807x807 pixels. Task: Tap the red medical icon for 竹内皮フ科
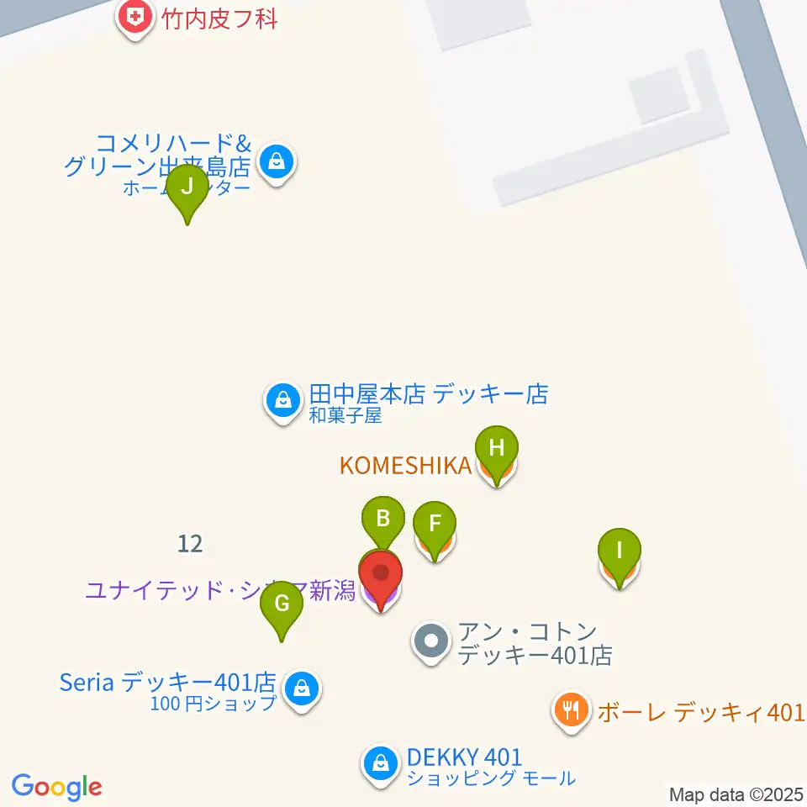coord(134,16)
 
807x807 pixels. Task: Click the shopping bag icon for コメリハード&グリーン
coord(276,160)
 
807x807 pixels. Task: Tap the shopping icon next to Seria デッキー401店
coord(300,690)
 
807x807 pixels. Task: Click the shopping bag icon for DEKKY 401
coord(381,764)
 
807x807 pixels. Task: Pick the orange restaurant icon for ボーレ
coord(572,711)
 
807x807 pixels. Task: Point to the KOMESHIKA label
coord(405,466)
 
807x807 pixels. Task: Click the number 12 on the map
coord(191,544)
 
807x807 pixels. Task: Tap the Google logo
coord(57,787)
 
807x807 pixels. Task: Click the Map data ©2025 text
coord(736,794)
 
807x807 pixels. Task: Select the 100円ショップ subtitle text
coord(214,704)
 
